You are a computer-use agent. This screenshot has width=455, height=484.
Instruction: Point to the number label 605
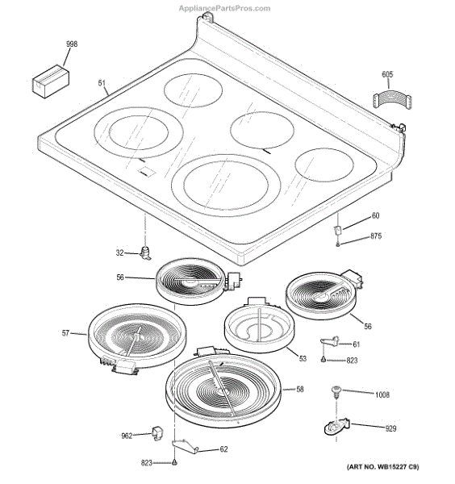387,75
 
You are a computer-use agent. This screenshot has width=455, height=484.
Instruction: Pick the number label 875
375,236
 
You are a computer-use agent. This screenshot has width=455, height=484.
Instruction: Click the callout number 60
374,216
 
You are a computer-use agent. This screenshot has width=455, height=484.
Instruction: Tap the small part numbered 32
147,254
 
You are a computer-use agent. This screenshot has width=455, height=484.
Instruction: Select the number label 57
66,332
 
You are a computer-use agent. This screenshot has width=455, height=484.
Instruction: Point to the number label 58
299,390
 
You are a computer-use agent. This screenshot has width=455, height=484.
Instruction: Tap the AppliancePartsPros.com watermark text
227,6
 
